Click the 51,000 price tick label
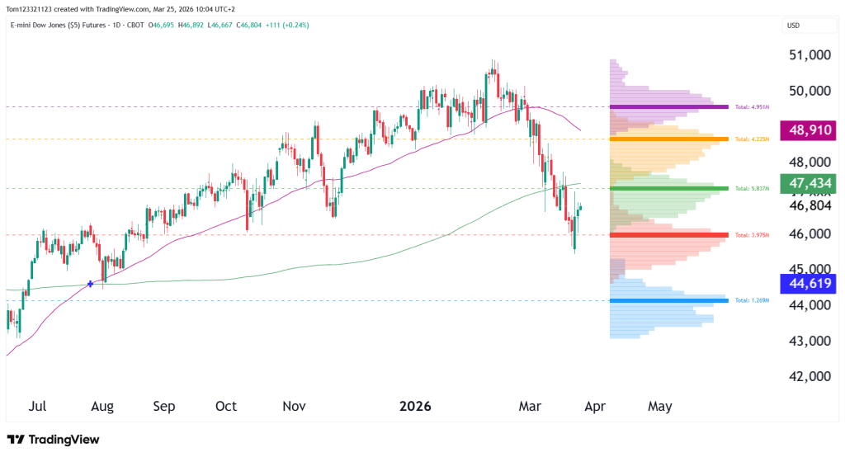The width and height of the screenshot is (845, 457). tap(809, 55)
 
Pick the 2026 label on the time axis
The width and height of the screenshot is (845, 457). tap(416, 407)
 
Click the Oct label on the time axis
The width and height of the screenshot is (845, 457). tap(226, 407)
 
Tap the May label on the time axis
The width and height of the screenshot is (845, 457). tap(659, 407)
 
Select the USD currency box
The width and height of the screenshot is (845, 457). tap(794, 26)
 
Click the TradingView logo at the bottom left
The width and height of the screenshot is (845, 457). tap(53, 440)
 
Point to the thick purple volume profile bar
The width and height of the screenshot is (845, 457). tap(669, 106)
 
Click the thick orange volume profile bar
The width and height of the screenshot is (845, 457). tap(669, 139)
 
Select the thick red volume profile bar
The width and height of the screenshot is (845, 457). tap(669, 235)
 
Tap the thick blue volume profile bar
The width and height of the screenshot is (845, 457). tap(669, 300)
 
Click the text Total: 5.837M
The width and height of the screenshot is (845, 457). tap(752, 189)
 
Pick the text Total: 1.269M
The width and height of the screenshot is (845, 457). tap(752, 300)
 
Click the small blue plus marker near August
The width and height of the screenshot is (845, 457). tap(89, 284)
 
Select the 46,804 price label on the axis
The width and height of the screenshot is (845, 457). tap(809, 205)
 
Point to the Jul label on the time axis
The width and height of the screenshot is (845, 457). tap(37, 407)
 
